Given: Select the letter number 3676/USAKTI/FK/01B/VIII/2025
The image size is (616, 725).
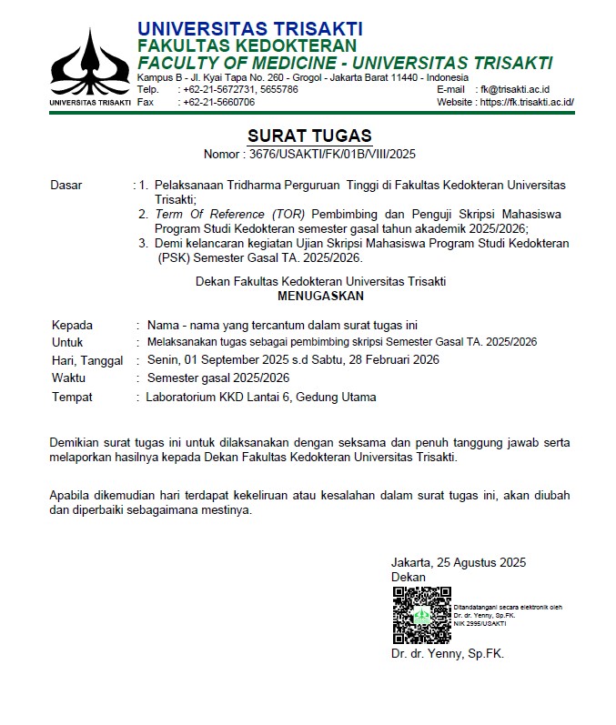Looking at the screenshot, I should tap(331, 154).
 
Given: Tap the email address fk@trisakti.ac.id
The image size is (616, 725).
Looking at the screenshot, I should tap(515, 90).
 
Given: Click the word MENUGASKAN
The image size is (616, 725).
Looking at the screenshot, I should tap(320, 296).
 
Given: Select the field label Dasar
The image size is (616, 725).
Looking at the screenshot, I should tap(66, 186).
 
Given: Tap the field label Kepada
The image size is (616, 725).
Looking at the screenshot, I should tap(72, 326).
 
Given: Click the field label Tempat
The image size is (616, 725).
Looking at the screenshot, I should tap(72, 398).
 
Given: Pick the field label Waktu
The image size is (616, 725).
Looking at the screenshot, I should tap(69, 378).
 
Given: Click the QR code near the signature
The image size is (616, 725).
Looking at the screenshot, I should tap(421, 616).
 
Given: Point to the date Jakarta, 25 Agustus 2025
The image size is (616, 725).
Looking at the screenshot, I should tap(459, 563).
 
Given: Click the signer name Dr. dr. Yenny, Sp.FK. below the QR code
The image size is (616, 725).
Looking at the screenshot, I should tap(447, 654).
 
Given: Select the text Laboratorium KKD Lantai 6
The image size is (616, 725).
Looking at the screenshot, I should tap(225, 398).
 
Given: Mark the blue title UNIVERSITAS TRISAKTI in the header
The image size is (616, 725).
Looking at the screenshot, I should tap(250, 29).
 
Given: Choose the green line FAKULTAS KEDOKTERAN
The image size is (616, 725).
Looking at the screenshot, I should tap(247, 46).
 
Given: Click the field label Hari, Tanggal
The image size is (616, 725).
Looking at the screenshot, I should tap(87, 361).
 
